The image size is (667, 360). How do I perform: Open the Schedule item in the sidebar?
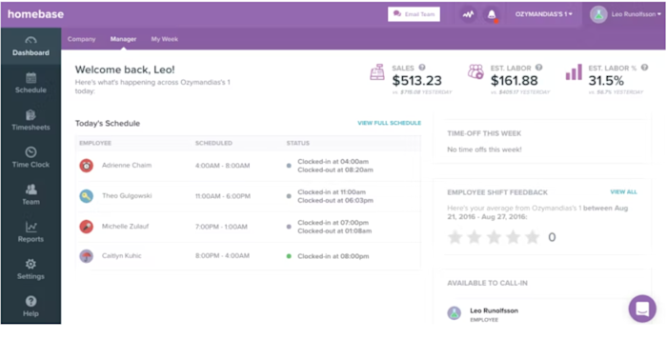[x=30, y=83]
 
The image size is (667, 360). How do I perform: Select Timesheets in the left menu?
[x=30, y=120]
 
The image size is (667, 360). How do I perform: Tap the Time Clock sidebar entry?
[x=30, y=157]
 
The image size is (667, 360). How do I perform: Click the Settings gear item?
[x=30, y=269]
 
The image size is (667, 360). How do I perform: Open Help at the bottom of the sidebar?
[x=30, y=306]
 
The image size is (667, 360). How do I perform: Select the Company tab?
[x=81, y=39]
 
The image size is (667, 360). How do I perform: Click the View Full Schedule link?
[x=389, y=123]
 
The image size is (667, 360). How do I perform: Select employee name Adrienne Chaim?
[x=128, y=165]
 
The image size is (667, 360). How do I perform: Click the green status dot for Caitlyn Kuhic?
[x=289, y=256]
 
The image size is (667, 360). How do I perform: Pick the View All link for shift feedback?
[x=623, y=191]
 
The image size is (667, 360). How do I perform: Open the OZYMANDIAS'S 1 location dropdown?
[x=544, y=14]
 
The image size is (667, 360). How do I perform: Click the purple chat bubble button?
[x=642, y=310]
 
